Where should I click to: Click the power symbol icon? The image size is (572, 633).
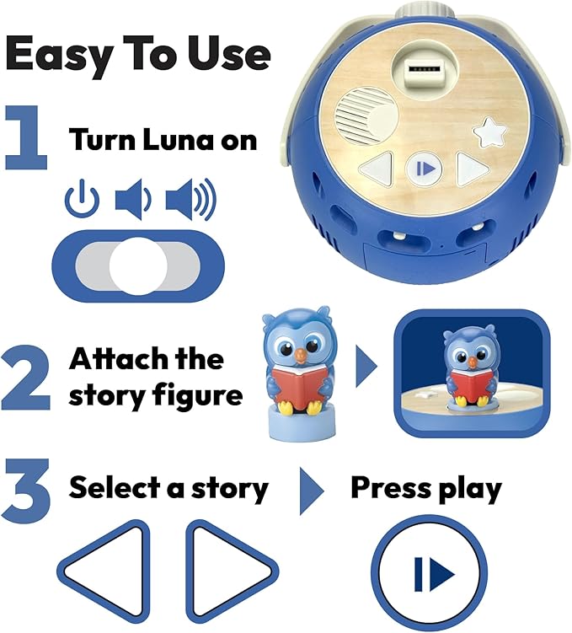coord(82,201)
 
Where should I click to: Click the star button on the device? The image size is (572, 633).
coord(488,133)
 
